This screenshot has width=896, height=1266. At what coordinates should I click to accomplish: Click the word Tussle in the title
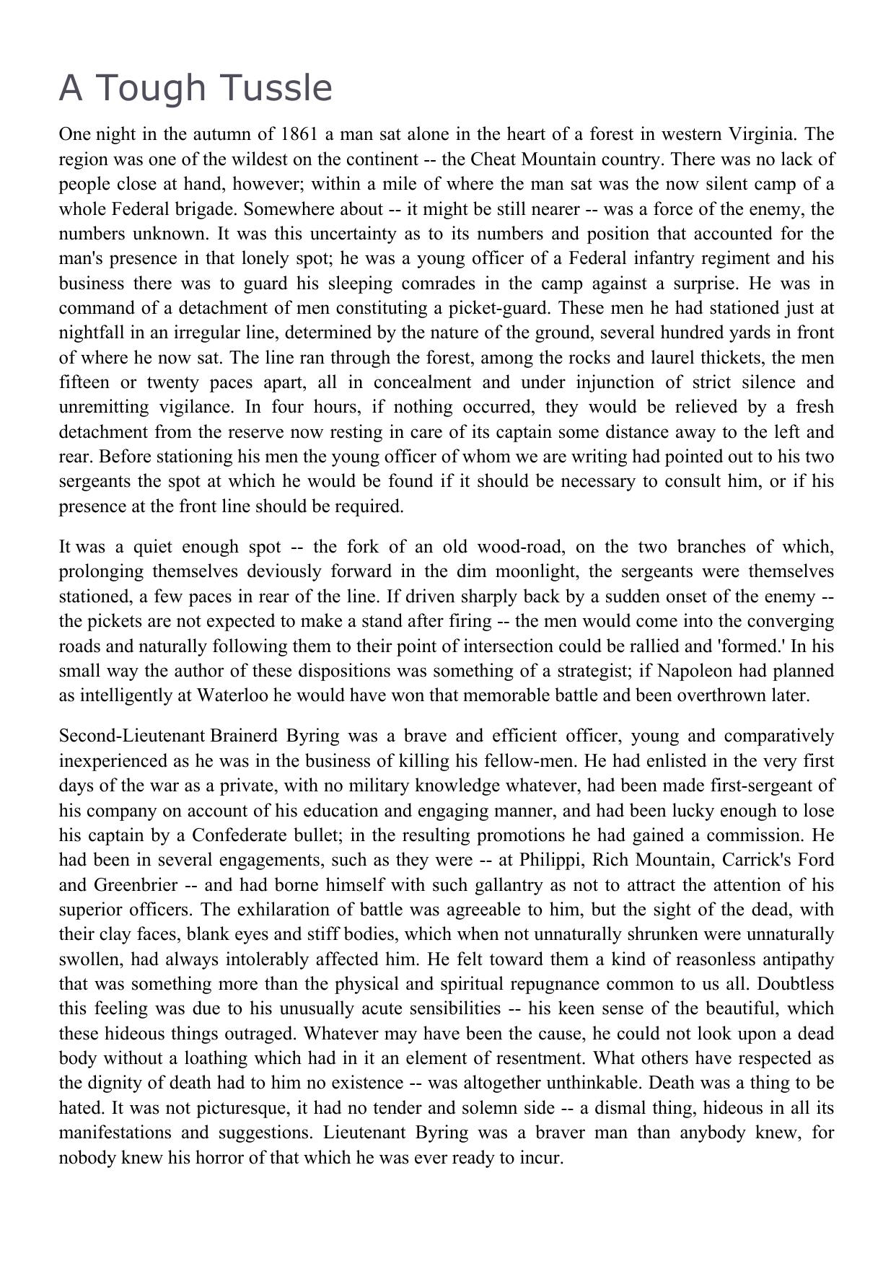click(x=279, y=89)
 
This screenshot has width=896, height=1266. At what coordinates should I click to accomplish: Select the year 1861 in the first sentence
click(x=299, y=134)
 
